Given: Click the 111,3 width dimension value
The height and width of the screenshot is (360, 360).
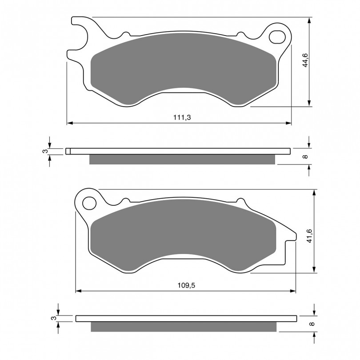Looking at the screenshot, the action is coord(182,117).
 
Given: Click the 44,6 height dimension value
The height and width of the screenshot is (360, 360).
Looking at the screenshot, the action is coord(305,60).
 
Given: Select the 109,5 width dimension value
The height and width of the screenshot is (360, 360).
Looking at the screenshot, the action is coord(186,285).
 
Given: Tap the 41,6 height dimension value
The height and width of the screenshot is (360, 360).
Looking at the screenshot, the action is coord(310,236).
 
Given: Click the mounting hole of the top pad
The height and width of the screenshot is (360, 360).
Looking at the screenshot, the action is coord(277,37).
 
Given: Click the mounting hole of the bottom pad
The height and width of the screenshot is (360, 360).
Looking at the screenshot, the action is coord(89,203).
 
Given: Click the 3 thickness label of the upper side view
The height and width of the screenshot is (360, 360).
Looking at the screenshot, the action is coord(46,151).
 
